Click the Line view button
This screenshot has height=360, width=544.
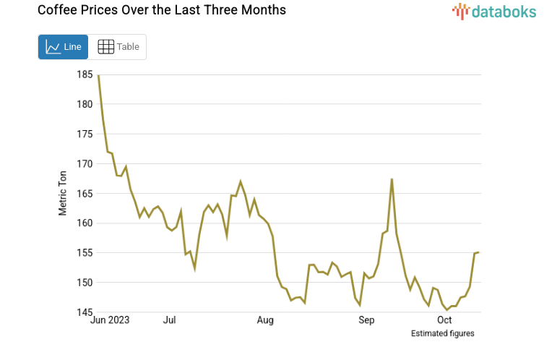[x=63, y=47]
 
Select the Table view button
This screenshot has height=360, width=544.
[x=118, y=47]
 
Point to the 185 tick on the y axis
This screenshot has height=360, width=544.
[x=85, y=74]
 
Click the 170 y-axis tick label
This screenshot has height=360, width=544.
[x=85, y=164]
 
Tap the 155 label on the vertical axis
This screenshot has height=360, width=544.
[x=85, y=253]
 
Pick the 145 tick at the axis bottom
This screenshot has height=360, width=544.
[x=85, y=312]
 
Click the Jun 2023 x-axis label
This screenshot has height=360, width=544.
[x=110, y=320]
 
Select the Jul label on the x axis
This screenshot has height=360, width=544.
[x=170, y=320]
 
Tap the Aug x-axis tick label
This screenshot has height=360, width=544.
[x=265, y=320]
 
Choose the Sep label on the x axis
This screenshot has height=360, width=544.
[x=366, y=320]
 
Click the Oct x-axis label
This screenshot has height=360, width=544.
[x=444, y=320]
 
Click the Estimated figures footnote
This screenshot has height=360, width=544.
[x=442, y=333]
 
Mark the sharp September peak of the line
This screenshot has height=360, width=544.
[x=392, y=179]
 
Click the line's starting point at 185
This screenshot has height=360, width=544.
[x=98, y=75]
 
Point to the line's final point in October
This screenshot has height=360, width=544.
[x=479, y=252]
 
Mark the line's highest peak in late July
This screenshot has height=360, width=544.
[x=241, y=181]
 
